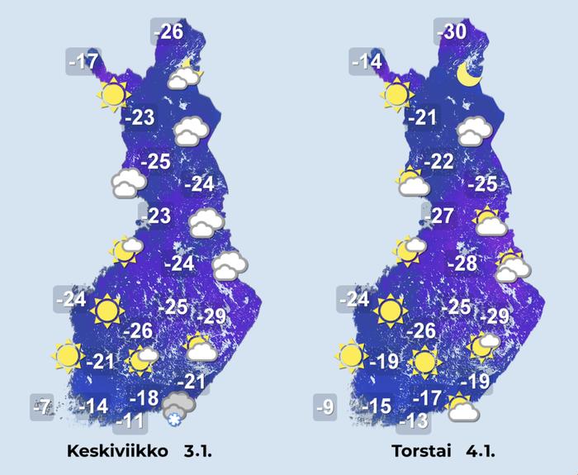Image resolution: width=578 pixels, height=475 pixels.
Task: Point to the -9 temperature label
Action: point(325,406)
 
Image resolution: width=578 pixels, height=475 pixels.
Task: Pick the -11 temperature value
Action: point(130,421)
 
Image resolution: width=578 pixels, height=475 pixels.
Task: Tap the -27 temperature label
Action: point(443,217)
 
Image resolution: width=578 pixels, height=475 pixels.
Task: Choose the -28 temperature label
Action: point(462,264)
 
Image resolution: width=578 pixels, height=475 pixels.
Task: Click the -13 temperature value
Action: point(415,421)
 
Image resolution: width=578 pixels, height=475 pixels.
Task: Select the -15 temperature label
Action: point(379,406)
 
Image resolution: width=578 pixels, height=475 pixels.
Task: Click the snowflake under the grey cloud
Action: point(173,421)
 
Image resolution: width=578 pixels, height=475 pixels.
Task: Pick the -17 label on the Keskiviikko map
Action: point(83,61)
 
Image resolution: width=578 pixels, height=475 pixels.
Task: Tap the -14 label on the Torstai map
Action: point(366,61)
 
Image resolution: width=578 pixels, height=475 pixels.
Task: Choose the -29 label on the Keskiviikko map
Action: point(212,316)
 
